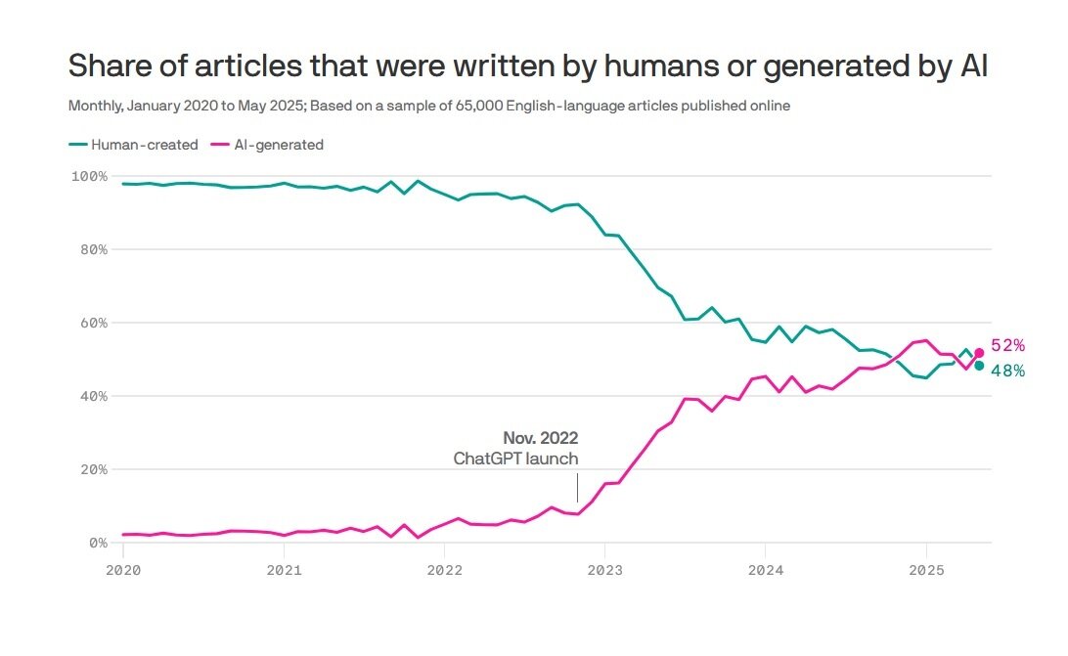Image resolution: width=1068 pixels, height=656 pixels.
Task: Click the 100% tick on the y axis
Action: click(x=88, y=176)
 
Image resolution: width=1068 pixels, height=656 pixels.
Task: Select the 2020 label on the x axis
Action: click(x=123, y=568)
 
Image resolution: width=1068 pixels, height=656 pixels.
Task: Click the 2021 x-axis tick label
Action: click(x=284, y=568)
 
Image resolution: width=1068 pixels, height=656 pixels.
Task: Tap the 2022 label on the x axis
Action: click(x=444, y=568)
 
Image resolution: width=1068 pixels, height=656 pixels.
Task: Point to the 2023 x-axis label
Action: click(x=604, y=568)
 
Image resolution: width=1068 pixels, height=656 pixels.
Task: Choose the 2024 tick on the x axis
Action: click(x=766, y=568)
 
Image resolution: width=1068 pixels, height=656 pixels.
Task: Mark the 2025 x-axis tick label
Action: click(x=926, y=568)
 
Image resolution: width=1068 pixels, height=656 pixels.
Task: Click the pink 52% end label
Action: click(x=1007, y=345)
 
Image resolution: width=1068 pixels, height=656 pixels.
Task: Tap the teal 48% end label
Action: click(x=1007, y=371)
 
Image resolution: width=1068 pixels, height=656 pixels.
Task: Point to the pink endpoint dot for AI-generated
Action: click(x=979, y=353)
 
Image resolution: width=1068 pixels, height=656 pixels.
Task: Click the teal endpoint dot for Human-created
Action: click(x=979, y=366)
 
